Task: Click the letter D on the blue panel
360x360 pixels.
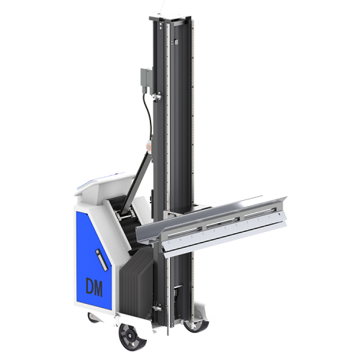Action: (x=90, y=287)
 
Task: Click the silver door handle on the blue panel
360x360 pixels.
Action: (x=101, y=260)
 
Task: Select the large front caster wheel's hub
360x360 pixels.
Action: (x=130, y=333)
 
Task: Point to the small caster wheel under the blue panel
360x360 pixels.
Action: (x=92, y=317)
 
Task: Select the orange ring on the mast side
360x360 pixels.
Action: (x=149, y=147)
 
